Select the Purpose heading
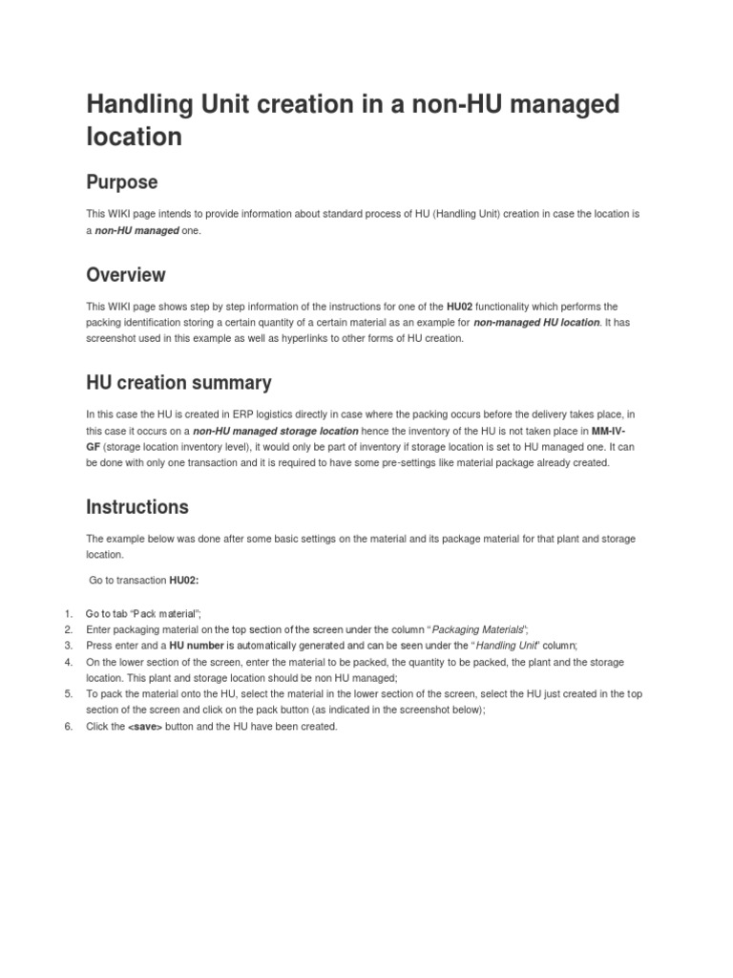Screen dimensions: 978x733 click(121, 181)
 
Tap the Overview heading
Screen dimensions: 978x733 click(125, 275)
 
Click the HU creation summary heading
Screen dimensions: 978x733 click(178, 383)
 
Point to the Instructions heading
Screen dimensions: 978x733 click(137, 507)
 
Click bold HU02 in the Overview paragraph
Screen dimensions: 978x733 click(458, 307)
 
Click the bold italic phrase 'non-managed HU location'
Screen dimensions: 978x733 click(536, 323)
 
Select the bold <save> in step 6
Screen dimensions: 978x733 click(145, 727)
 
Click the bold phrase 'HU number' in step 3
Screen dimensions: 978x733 click(197, 646)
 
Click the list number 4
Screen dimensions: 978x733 click(69, 662)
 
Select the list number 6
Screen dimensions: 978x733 click(69, 727)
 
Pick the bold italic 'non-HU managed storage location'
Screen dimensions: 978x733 click(276, 431)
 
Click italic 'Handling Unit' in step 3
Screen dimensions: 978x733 click(511, 646)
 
